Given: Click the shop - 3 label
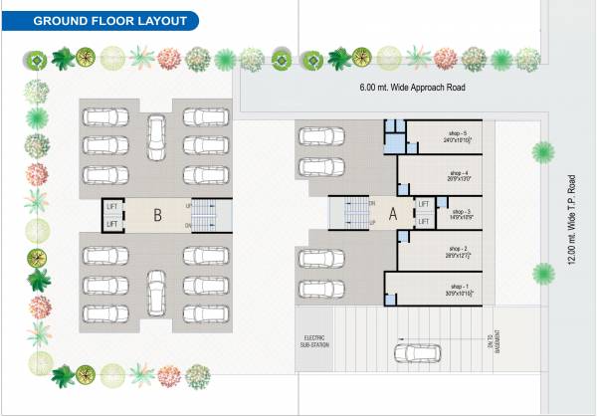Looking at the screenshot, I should (460, 213).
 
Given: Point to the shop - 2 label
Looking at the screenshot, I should (458, 250).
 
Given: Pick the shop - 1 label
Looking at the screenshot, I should (458, 289).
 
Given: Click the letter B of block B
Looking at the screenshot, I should (157, 213).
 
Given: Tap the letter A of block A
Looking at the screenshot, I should (392, 213).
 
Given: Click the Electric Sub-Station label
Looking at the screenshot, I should (314, 342).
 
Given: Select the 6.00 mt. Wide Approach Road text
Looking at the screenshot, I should (413, 88).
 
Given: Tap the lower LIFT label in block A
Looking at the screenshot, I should (424, 222).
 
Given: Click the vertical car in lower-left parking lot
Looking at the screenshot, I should (157, 291).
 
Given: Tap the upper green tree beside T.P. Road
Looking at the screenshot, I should (543, 152).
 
